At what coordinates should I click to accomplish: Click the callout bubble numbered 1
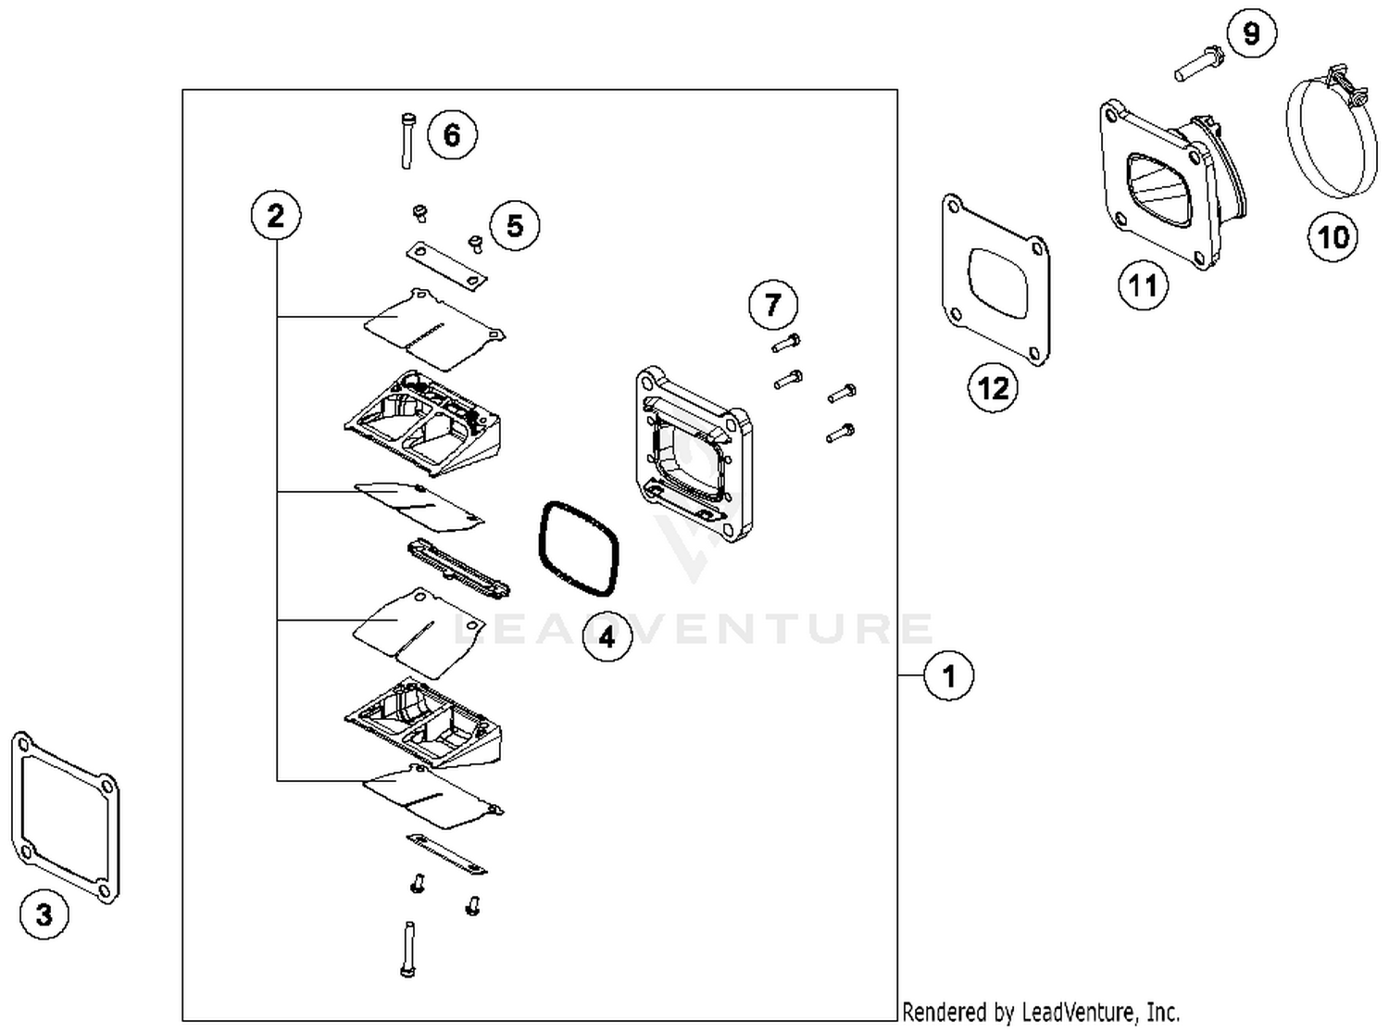coord(948,675)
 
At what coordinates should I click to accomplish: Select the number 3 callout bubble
coord(44,914)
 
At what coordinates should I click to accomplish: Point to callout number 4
coord(607,636)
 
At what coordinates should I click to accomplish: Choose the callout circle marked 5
coord(515,225)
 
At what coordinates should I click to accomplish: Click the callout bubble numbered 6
coord(452,134)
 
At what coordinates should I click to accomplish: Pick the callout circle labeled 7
coord(773,303)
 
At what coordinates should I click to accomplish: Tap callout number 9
coord(1251,34)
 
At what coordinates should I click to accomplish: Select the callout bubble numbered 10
coord(1333,237)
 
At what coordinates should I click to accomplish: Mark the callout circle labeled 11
coord(1143,284)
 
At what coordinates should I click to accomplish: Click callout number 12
coord(994,387)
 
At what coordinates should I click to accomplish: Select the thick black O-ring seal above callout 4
coord(579,549)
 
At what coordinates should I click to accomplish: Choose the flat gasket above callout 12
coord(995,280)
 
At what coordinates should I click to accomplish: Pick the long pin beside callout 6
coord(407,140)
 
